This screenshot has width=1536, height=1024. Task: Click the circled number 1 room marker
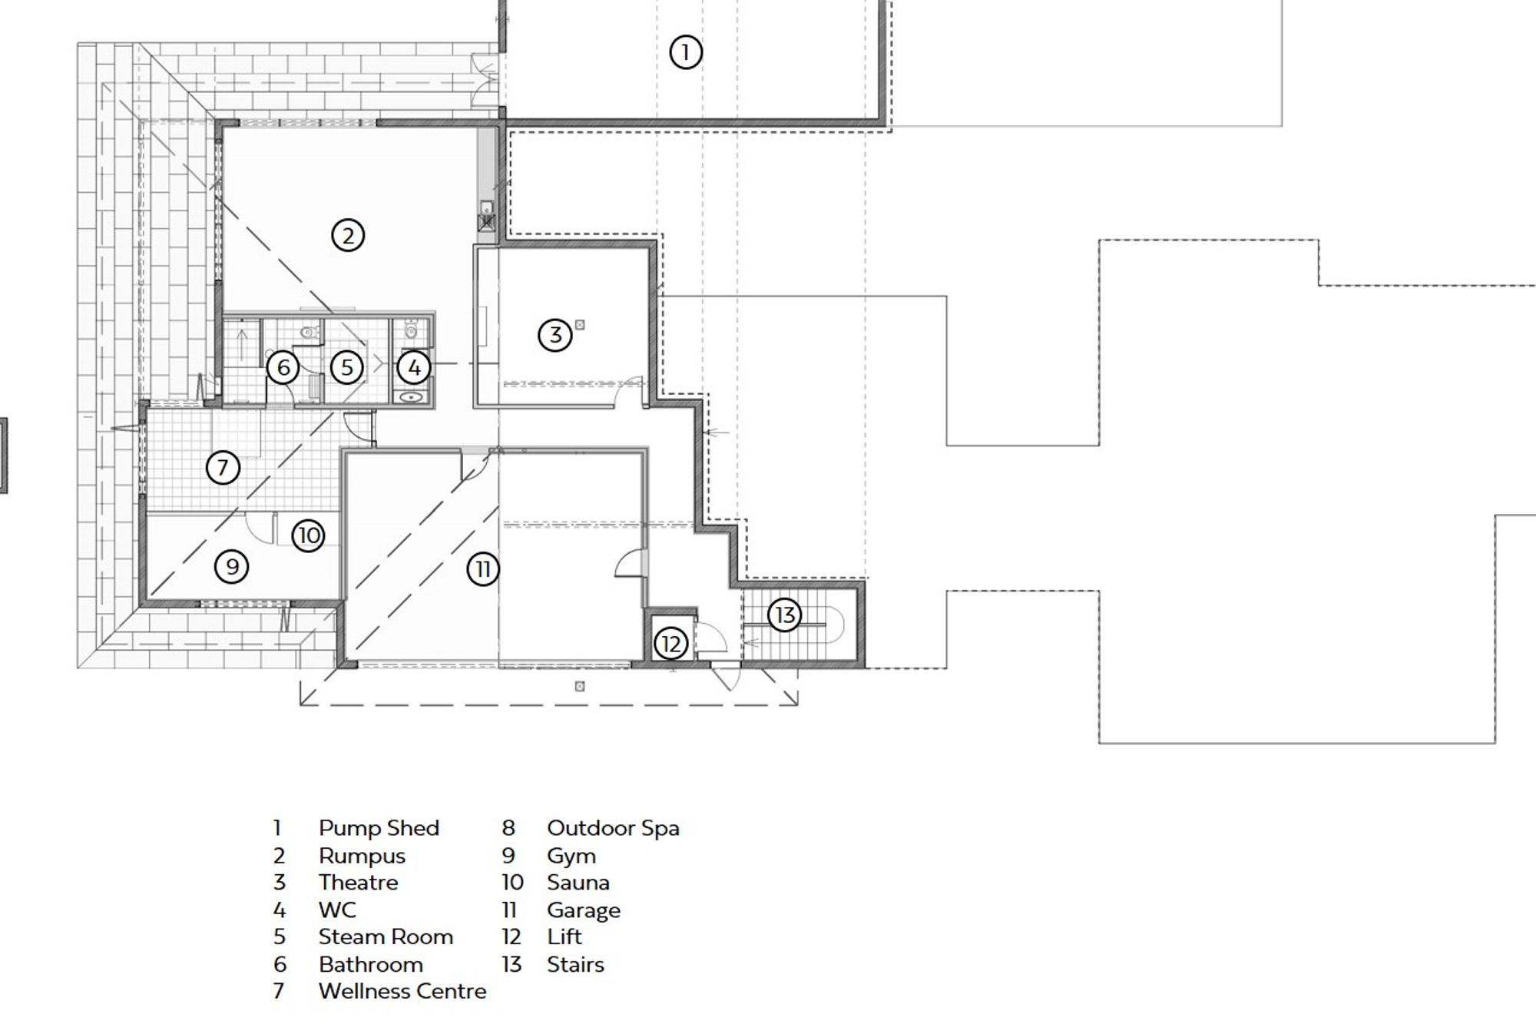tap(685, 52)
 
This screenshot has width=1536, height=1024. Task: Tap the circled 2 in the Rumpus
tap(348, 235)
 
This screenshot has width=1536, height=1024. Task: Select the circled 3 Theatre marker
tap(554, 335)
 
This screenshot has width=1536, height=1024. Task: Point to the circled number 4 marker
tap(414, 368)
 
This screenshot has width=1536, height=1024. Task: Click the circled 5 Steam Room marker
tap(347, 367)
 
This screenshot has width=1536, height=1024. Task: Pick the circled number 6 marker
tap(283, 367)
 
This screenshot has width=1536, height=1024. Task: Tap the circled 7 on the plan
tap(223, 467)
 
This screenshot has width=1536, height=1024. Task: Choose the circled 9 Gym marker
tap(232, 567)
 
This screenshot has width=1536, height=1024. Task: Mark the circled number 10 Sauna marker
tap(309, 535)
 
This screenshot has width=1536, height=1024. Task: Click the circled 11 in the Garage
tap(483, 569)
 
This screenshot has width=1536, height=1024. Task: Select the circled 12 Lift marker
tap(670, 644)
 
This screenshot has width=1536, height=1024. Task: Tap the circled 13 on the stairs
tap(785, 615)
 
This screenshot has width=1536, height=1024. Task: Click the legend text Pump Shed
tap(379, 828)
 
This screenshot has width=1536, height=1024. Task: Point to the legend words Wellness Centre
tap(402, 991)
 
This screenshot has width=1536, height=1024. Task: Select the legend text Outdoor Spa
tap(613, 828)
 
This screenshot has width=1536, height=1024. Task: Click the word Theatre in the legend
tap(359, 882)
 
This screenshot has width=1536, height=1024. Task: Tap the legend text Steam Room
tap(386, 936)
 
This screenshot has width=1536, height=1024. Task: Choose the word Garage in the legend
tap(584, 910)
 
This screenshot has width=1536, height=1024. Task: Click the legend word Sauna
tap(578, 882)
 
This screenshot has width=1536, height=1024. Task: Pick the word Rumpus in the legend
tap(362, 856)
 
